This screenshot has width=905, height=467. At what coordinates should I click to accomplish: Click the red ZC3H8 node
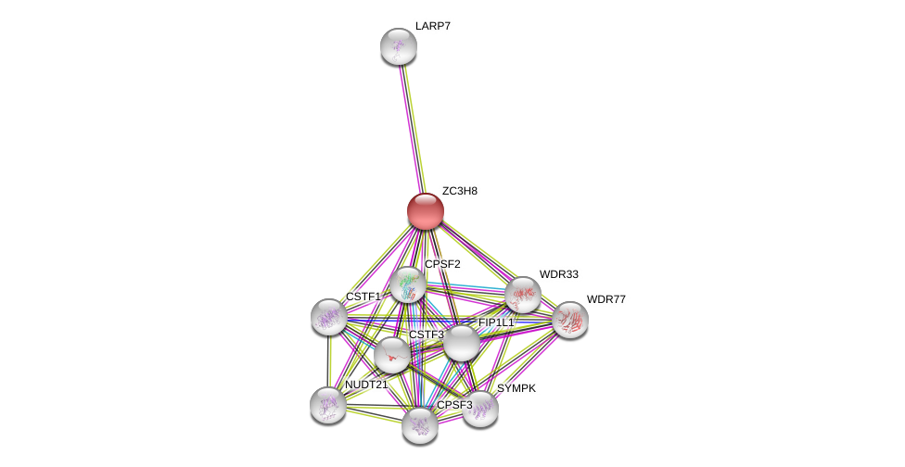[x=426, y=211]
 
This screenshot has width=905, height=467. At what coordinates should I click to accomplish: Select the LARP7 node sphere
[x=399, y=46]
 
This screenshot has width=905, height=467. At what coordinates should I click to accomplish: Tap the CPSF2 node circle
[x=408, y=284]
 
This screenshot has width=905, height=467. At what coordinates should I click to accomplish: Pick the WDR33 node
[x=523, y=295]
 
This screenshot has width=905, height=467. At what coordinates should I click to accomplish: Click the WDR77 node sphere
[x=570, y=320]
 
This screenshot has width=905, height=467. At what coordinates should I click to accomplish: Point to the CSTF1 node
[x=329, y=317]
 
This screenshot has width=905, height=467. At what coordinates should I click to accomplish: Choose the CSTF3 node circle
[x=392, y=354]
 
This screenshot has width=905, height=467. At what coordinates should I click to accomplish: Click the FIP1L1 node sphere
[x=461, y=343]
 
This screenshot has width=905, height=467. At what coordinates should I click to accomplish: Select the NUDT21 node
[x=328, y=405]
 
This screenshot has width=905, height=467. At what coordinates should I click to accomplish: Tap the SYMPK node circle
[x=480, y=409]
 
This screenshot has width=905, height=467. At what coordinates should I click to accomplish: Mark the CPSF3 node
[x=420, y=425]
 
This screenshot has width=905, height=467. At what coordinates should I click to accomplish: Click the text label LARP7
[x=432, y=26]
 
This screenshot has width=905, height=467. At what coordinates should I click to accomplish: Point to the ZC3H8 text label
[x=459, y=191]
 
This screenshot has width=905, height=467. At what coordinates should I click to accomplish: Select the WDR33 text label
[x=558, y=274]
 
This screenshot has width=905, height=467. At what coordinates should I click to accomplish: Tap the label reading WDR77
[x=605, y=299]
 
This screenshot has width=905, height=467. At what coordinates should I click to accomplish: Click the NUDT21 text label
[x=366, y=385]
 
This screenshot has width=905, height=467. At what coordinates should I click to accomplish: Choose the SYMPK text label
[x=516, y=388]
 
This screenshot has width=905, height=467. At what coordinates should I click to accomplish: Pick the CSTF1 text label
[x=363, y=297]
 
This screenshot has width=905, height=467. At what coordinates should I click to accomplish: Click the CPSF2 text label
[x=442, y=264]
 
